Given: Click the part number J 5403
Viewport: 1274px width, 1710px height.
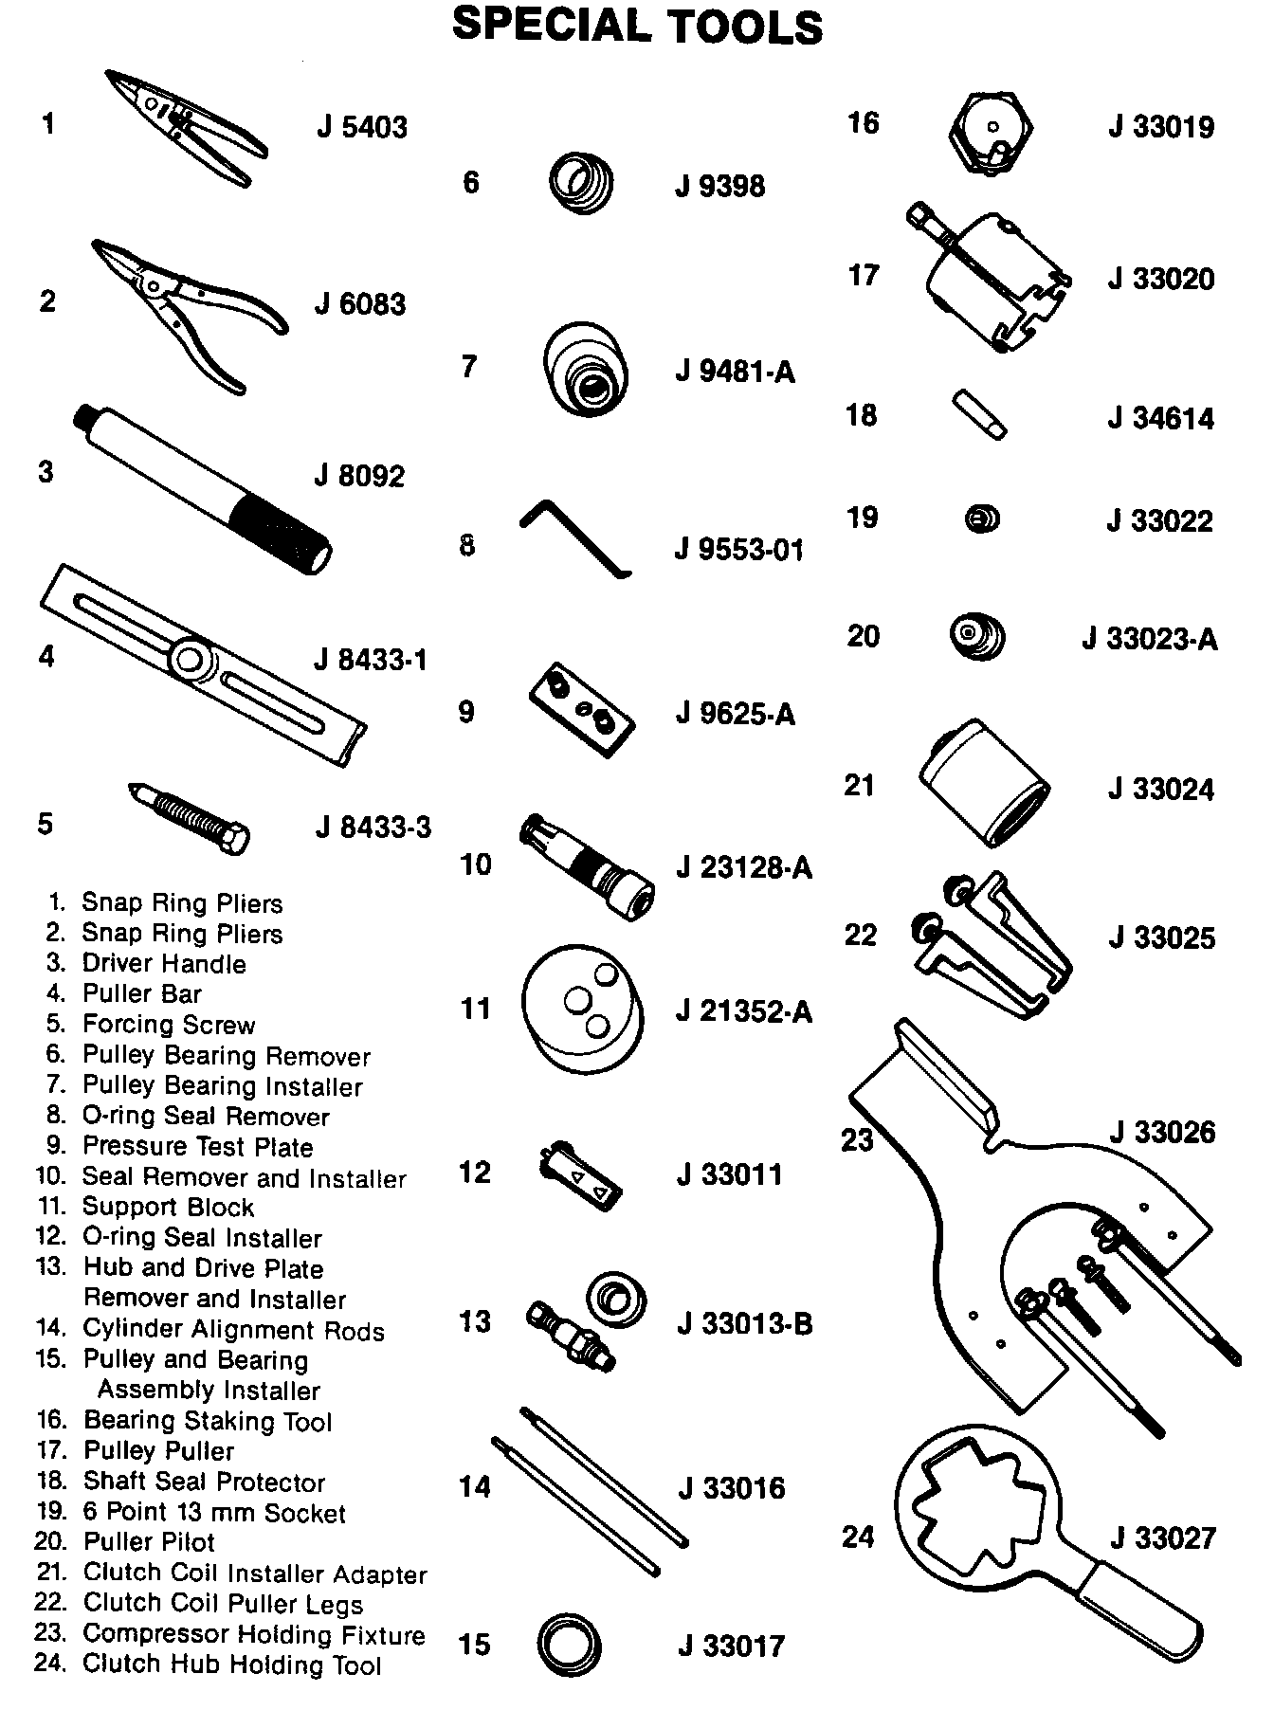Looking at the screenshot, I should pos(361,127).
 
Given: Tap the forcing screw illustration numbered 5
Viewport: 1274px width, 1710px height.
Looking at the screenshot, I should pos(189,817).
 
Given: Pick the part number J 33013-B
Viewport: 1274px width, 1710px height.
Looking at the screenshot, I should pos(744,1323).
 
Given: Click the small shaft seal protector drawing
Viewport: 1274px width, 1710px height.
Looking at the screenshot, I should pos(978,414).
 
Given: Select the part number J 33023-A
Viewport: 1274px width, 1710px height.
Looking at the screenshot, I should pos(1149,640).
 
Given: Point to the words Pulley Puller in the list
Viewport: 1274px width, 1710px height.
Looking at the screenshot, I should pos(158,1451).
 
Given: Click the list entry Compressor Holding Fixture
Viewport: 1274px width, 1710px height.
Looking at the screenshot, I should pos(253,1634).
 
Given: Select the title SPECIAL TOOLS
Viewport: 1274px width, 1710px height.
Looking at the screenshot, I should pos(637,27).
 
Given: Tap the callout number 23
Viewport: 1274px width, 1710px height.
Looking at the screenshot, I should pos(857,1139).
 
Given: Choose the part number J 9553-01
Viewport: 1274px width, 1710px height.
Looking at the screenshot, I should pos(738,550).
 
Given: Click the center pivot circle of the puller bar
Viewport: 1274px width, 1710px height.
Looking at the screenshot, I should pos(191,657).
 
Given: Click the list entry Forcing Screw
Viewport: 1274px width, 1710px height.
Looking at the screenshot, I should pos(169,1025).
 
